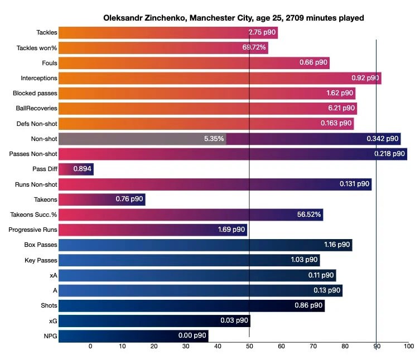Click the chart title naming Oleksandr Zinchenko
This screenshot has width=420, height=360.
233,18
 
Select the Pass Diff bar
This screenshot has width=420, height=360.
76,169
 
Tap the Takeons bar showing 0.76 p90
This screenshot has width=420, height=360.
102,199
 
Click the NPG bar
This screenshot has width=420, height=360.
133,336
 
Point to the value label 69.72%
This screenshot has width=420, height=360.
254,48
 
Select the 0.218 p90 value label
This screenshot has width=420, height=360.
389,154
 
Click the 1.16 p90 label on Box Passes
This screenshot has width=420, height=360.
337,245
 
